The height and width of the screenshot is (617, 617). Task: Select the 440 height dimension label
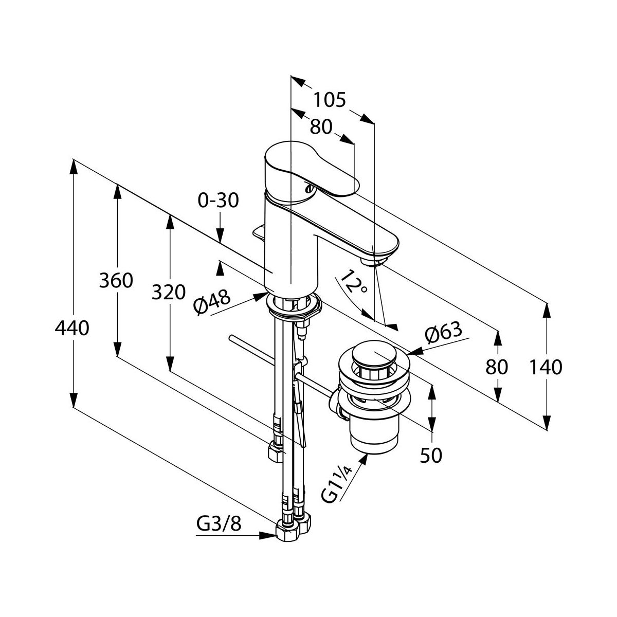(x=72, y=328)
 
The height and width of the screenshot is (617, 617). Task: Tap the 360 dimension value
(x=117, y=281)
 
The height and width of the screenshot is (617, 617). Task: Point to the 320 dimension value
(x=169, y=293)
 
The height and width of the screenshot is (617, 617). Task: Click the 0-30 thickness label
(x=219, y=201)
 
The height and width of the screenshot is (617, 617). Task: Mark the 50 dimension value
(x=431, y=455)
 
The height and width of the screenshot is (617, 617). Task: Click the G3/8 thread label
(x=219, y=525)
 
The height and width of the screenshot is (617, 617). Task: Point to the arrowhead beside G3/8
(x=268, y=535)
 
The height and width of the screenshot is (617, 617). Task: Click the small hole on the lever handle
(x=308, y=188)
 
